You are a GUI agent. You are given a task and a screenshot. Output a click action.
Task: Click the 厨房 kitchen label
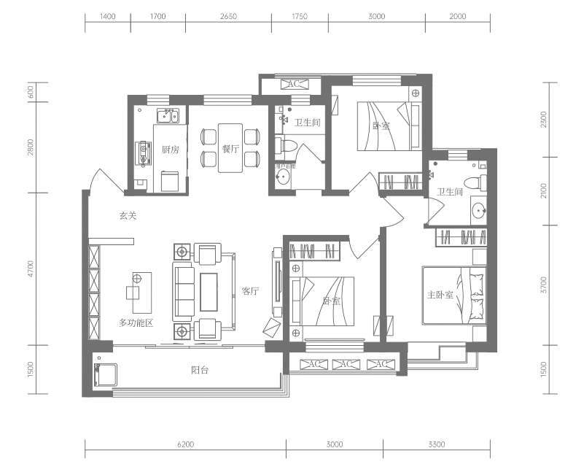click(x=170, y=150)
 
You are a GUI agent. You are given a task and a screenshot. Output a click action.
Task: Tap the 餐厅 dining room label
click(x=230, y=149)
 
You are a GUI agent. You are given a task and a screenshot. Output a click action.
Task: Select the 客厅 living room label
click(x=250, y=291)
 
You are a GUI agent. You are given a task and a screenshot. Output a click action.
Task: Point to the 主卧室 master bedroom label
click(x=440, y=296)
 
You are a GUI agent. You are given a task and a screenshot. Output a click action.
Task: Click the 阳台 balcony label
click(x=200, y=370)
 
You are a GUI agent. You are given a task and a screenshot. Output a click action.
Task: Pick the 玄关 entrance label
click(x=128, y=215)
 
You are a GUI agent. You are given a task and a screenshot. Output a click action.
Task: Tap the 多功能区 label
click(x=136, y=323)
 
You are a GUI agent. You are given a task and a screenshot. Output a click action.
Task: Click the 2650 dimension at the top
click(x=228, y=16)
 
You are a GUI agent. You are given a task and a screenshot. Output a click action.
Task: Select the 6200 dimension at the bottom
click(x=185, y=444)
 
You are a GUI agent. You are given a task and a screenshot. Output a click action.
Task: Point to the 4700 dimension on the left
click(x=31, y=269)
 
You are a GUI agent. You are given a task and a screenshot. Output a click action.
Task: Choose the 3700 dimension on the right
click(x=544, y=285)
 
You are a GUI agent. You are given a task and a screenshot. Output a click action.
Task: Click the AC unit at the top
click(x=295, y=84)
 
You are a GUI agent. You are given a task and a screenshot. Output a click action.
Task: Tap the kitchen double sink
click(x=168, y=115)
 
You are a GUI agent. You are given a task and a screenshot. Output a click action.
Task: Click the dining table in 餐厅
click(x=230, y=148)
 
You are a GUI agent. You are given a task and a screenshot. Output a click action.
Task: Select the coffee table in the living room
click(x=209, y=292)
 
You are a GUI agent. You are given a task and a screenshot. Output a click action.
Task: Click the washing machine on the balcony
click(x=106, y=375)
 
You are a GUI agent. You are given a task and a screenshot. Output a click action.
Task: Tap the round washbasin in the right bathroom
click(x=478, y=211)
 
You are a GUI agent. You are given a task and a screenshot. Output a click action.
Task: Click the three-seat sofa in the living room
click(x=183, y=291)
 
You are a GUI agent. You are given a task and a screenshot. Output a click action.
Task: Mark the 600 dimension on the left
click(x=31, y=92)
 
